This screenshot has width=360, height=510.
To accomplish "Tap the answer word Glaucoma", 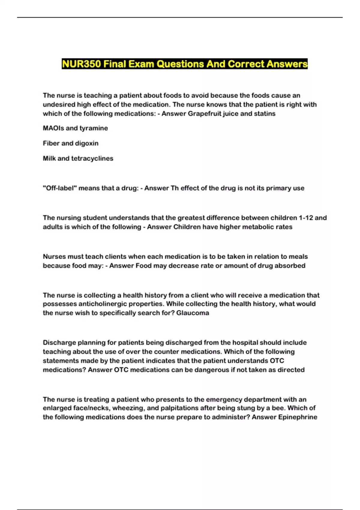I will point(193,313).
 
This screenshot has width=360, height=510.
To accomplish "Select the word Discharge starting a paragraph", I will point(59,343).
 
